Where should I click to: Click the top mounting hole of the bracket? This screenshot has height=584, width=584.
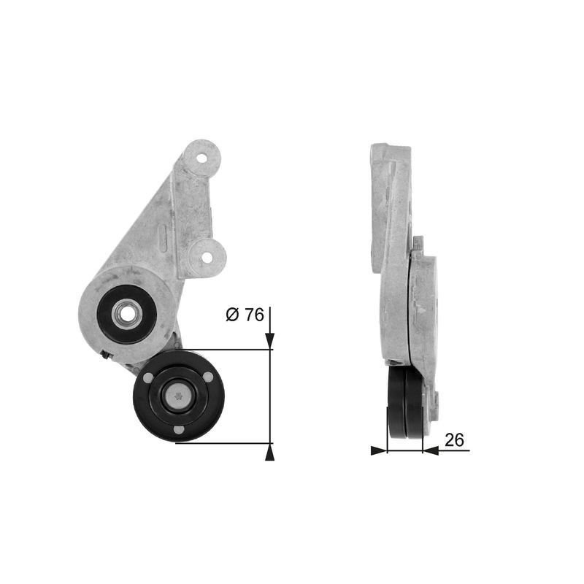point(202,155)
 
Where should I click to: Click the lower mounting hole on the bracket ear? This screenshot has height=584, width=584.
point(206,257)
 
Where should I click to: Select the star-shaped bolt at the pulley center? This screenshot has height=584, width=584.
point(178,396)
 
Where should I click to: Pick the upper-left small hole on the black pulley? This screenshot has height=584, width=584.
point(149,378)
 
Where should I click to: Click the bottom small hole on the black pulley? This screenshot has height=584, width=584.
point(178,430)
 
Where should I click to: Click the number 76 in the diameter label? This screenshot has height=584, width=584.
point(253,315)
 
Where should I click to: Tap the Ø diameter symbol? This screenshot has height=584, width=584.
point(232,315)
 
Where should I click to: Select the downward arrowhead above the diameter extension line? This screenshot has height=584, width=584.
point(270,339)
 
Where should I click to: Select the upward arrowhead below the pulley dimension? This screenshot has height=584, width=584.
point(270,453)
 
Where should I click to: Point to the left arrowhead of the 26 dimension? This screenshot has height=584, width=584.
point(378,450)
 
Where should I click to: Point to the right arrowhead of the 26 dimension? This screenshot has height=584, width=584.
point(431,450)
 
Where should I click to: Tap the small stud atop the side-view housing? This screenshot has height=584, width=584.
point(418,242)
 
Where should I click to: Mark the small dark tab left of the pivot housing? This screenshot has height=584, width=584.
point(107,356)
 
